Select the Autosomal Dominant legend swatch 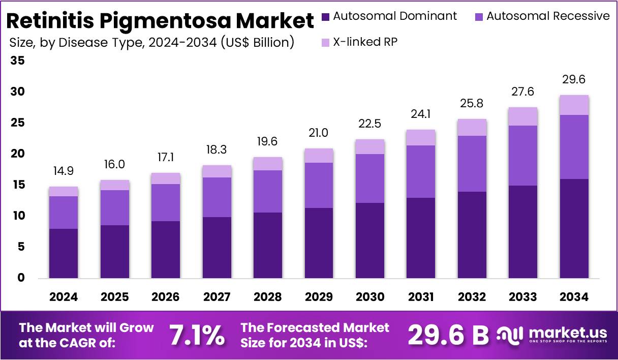326,16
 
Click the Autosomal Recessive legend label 548,16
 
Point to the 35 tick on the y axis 17,61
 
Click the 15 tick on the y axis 17,185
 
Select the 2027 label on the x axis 217,297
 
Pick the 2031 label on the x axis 421,297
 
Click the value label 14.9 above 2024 64,172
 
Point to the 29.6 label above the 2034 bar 574,80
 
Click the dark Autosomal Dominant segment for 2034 574,228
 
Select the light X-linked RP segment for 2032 472,127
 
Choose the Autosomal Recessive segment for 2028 267,191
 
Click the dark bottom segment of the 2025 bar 114,252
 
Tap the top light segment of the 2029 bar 319,156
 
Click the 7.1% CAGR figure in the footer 196,335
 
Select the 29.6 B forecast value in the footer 448,335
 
